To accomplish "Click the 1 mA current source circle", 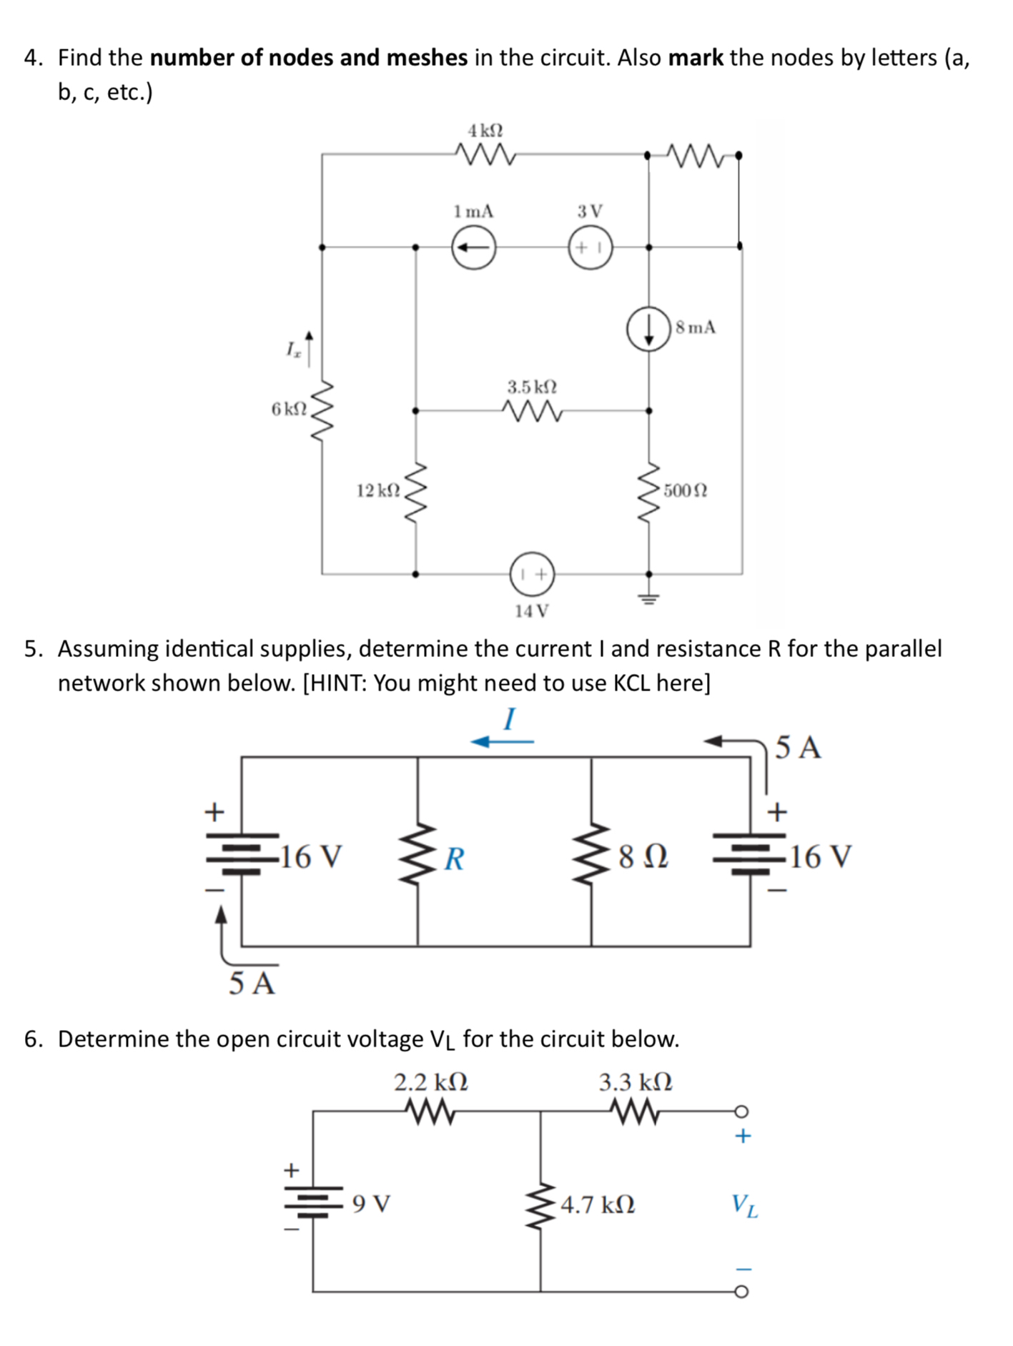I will click(473, 247).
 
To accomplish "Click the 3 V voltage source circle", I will click(590, 247).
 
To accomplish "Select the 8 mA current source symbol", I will click(648, 329).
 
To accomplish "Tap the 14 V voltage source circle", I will click(532, 573).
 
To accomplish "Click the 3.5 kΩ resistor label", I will click(532, 387).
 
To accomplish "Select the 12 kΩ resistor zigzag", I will click(415, 493).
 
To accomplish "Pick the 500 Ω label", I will click(685, 491).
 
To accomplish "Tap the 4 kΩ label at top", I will click(485, 131).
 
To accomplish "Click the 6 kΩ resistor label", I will click(288, 409).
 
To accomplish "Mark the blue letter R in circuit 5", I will click(454, 858).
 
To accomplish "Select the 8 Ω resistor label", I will click(643, 856).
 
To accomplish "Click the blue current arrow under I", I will click(502, 742).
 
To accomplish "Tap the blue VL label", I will click(744, 1205).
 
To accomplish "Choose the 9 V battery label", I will click(371, 1204).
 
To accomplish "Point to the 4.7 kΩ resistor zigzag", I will click(541, 1205).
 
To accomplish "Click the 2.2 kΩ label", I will click(431, 1082).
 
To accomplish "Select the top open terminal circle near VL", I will click(741, 1111).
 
